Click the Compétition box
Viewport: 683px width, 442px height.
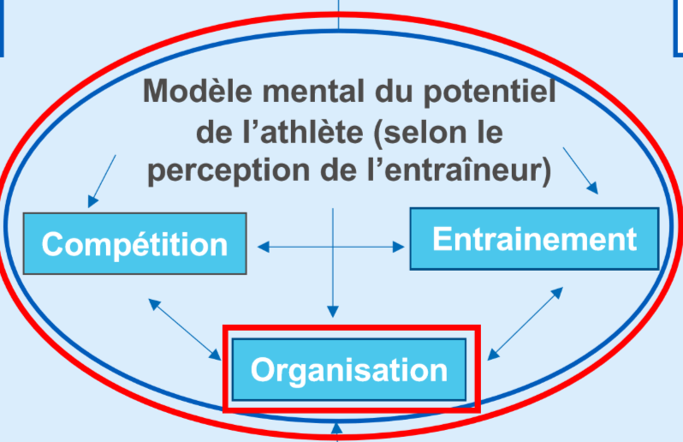[135, 244]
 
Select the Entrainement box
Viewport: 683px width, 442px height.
[534, 238]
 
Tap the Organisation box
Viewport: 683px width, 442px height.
[349, 369]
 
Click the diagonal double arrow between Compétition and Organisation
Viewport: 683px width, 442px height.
[184, 329]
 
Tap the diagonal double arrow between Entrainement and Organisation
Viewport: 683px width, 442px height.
[525, 322]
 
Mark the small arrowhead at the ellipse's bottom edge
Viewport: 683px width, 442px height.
[336, 427]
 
